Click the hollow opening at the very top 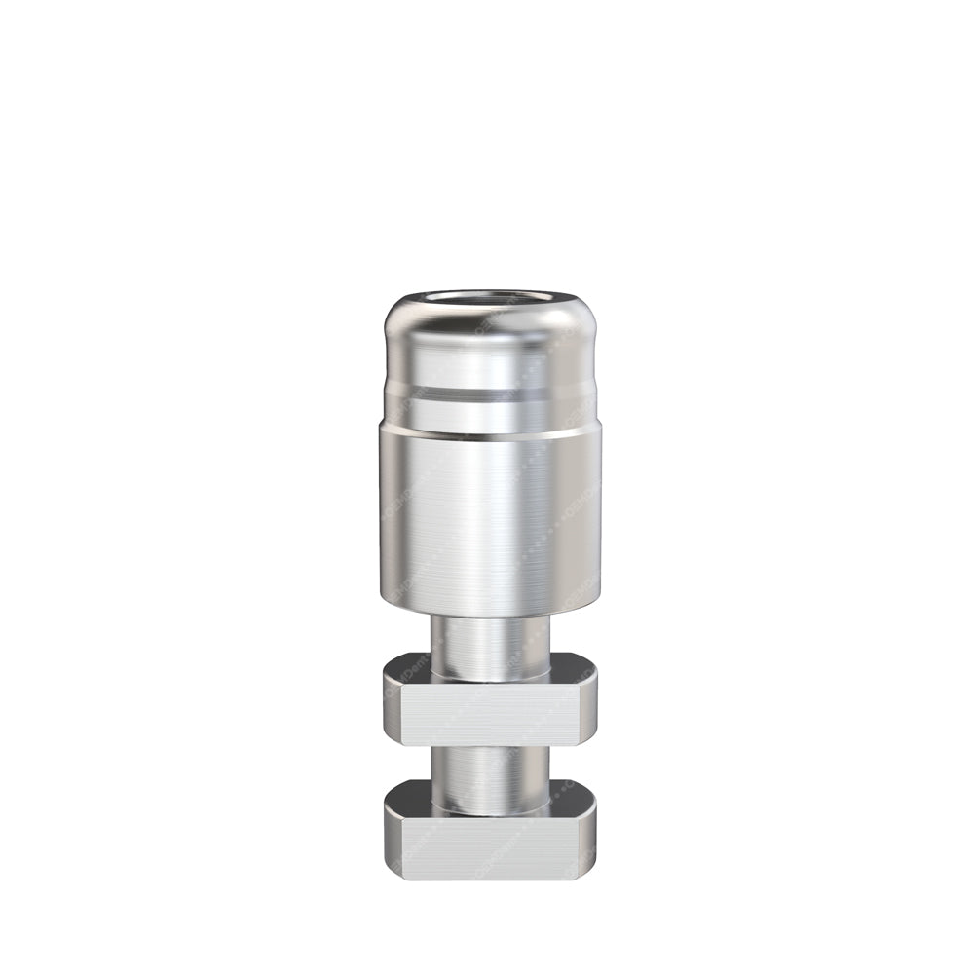click(x=491, y=299)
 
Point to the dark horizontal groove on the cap click(x=491, y=394)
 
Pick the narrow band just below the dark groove click(x=491, y=414)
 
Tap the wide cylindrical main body click(x=491, y=516)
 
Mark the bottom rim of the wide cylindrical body click(x=491, y=608)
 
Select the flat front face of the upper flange click(x=491, y=716)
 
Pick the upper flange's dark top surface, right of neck click(x=570, y=670)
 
